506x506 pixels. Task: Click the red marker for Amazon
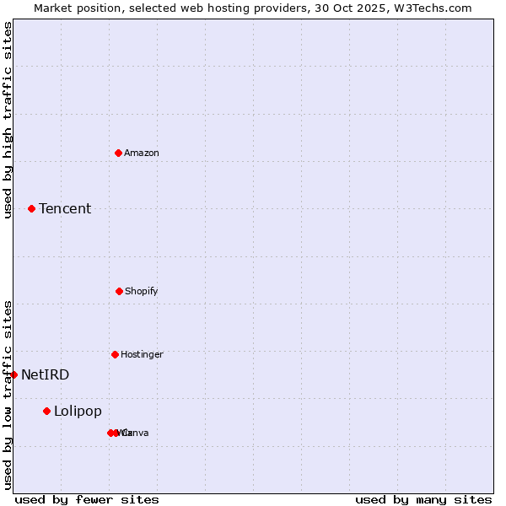(x=118, y=153)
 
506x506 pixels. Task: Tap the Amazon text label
(x=142, y=153)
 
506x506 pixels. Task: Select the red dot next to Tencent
(x=31, y=208)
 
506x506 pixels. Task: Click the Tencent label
(x=65, y=209)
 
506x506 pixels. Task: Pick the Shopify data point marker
(x=119, y=291)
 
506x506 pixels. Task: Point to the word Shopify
(x=142, y=291)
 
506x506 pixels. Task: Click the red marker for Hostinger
(x=115, y=354)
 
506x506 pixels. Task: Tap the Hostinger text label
(x=142, y=354)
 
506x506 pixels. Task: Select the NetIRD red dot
(x=13, y=374)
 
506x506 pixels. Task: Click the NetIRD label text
(x=46, y=375)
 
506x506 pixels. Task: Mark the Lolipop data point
(x=46, y=411)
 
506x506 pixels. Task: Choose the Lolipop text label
(x=78, y=412)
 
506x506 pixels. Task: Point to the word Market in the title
(x=54, y=8)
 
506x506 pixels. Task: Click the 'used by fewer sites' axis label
(x=87, y=499)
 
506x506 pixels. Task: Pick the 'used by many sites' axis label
(x=423, y=499)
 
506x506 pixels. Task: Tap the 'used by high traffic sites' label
(x=8, y=120)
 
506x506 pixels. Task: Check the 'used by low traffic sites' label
(x=8, y=395)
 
